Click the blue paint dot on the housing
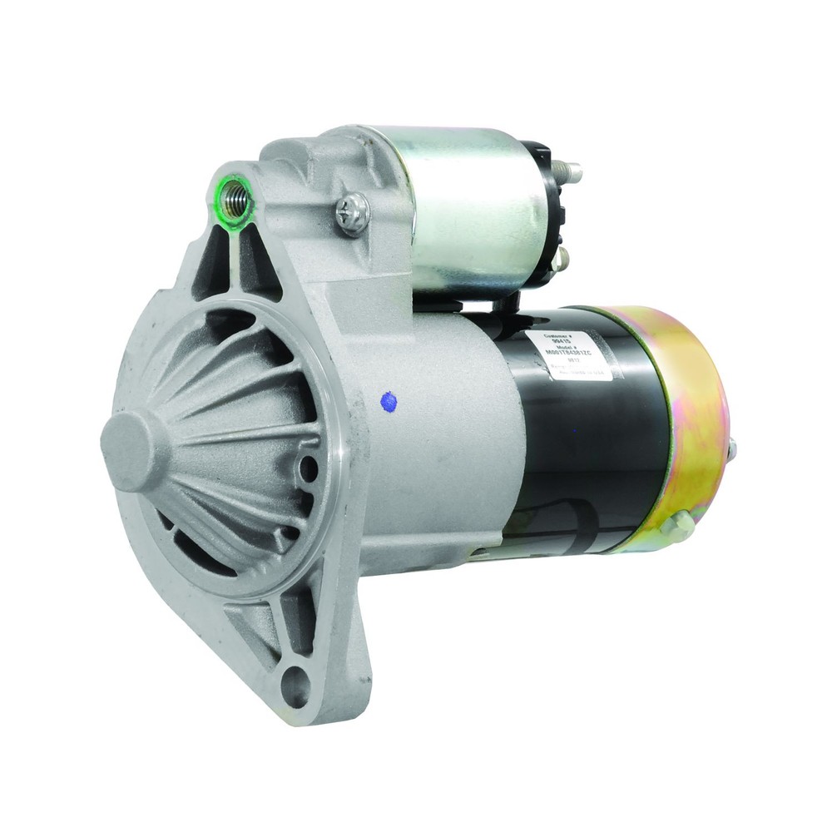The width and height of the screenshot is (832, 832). tap(388, 401)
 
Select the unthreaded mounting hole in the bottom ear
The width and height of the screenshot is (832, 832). tap(295, 687)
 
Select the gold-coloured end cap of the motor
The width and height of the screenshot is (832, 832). tap(674, 416)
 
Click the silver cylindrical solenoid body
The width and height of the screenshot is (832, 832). tap(466, 208)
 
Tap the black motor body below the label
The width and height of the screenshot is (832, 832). tap(582, 449)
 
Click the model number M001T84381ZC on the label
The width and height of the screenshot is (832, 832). tap(571, 355)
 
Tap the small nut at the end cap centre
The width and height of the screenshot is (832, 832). tap(732, 450)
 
